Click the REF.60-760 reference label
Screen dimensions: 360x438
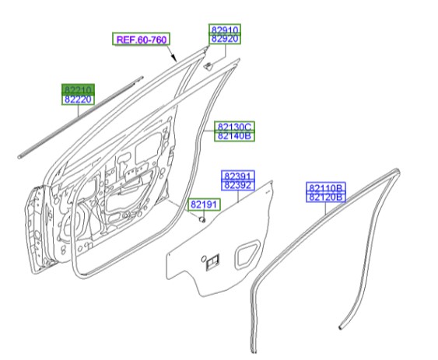[142, 40]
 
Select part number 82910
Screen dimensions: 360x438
[225, 30]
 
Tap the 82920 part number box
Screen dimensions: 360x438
[225, 40]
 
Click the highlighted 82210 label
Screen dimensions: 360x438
[78, 90]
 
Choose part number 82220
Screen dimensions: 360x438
[78, 100]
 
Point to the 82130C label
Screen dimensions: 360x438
[234, 126]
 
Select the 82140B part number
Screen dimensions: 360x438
[234, 136]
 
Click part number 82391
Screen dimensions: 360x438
[237, 176]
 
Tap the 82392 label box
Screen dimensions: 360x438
[237, 186]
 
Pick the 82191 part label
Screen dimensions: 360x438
[204, 204]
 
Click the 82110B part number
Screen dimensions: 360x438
[327, 188]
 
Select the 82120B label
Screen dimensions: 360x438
[327, 198]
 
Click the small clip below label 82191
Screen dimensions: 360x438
[202, 220]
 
